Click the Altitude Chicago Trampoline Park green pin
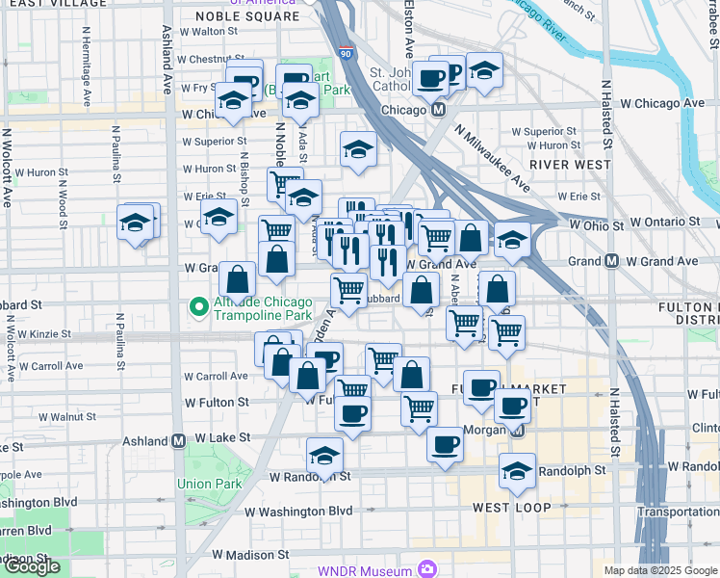coord(199,308)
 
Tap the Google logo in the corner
coord(32,566)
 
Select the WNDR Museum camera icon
coord(427,569)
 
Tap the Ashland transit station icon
coord(178,441)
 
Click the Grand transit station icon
coord(611,261)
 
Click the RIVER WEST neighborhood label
coord(570,165)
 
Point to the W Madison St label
coord(251,555)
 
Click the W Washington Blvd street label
coord(298,512)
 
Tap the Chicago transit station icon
coord(438,110)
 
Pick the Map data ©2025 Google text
coord(659,570)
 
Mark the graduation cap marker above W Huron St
coord(358,150)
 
